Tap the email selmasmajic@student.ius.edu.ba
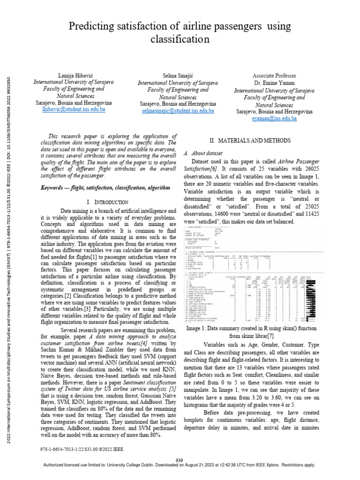[178, 111]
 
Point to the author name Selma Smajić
[178, 75]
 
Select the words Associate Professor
[274, 75]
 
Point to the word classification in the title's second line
[180, 40]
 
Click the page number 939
[180, 460]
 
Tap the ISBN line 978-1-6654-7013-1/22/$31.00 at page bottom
[82, 449]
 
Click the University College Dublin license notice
[180, 465]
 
